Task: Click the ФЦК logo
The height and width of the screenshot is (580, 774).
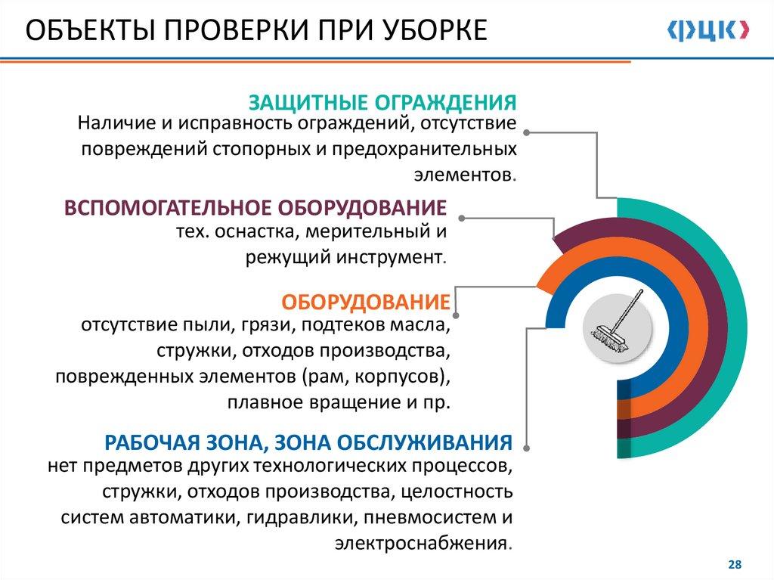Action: click(707, 31)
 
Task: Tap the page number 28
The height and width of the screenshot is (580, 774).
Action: click(735, 565)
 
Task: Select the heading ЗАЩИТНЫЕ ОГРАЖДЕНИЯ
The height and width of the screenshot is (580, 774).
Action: click(382, 102)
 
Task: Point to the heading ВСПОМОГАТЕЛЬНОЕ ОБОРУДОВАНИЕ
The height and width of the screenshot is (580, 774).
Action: click(255, 207)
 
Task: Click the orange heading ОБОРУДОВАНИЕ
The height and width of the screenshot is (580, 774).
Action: click(366, 302)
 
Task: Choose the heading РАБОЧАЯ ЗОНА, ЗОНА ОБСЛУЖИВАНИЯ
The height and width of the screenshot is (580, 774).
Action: click(308, 442)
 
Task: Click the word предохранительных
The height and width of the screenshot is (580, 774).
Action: click(424, 149)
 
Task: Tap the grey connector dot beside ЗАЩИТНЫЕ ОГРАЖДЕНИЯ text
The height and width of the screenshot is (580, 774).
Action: click(527, 132)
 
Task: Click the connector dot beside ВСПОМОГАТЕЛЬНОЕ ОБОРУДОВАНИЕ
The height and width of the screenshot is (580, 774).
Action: click(462, 218)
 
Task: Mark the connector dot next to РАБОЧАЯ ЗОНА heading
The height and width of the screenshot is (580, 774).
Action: click(527, 448)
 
